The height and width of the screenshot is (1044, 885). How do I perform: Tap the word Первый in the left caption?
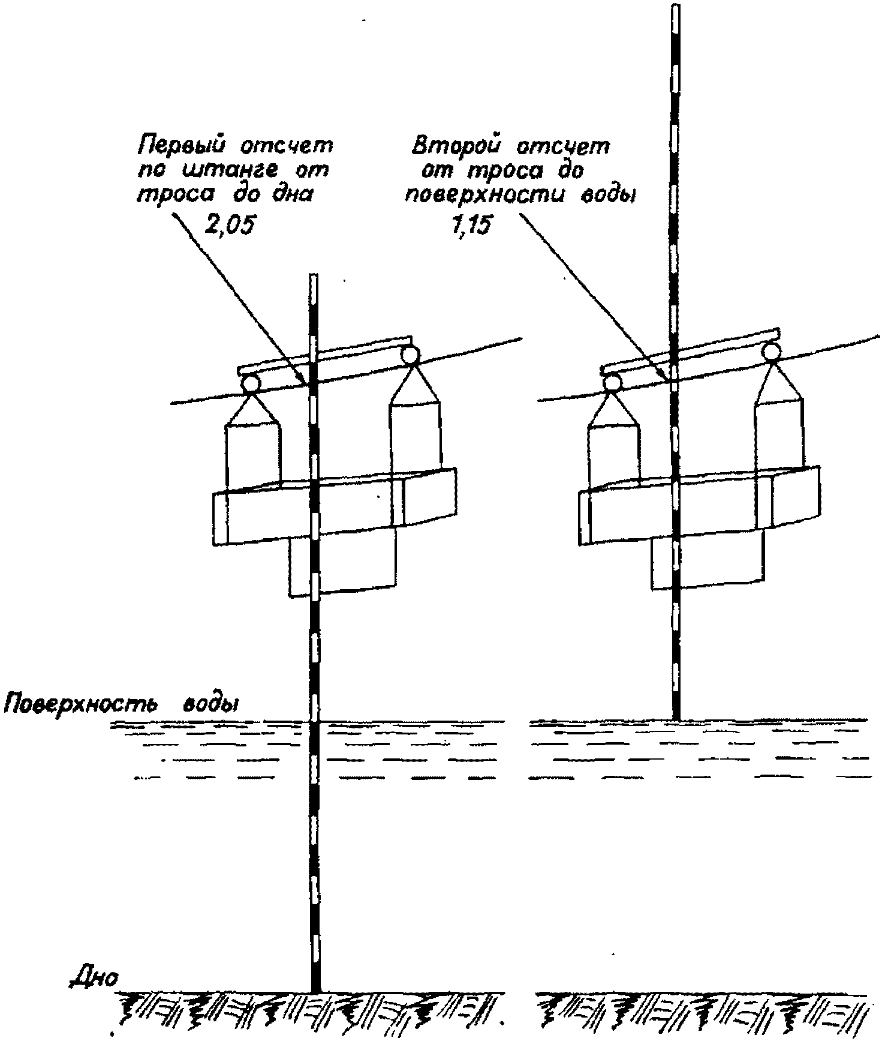179,146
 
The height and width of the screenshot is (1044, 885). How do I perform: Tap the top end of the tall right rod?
675,7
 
